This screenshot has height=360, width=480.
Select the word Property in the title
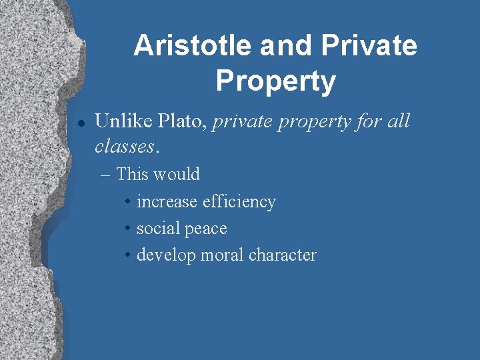pos(275,81)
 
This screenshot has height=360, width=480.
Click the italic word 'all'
pos(399,121)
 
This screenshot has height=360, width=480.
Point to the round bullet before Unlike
pos(80,123)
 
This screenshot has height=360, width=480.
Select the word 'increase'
pos(167,202)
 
